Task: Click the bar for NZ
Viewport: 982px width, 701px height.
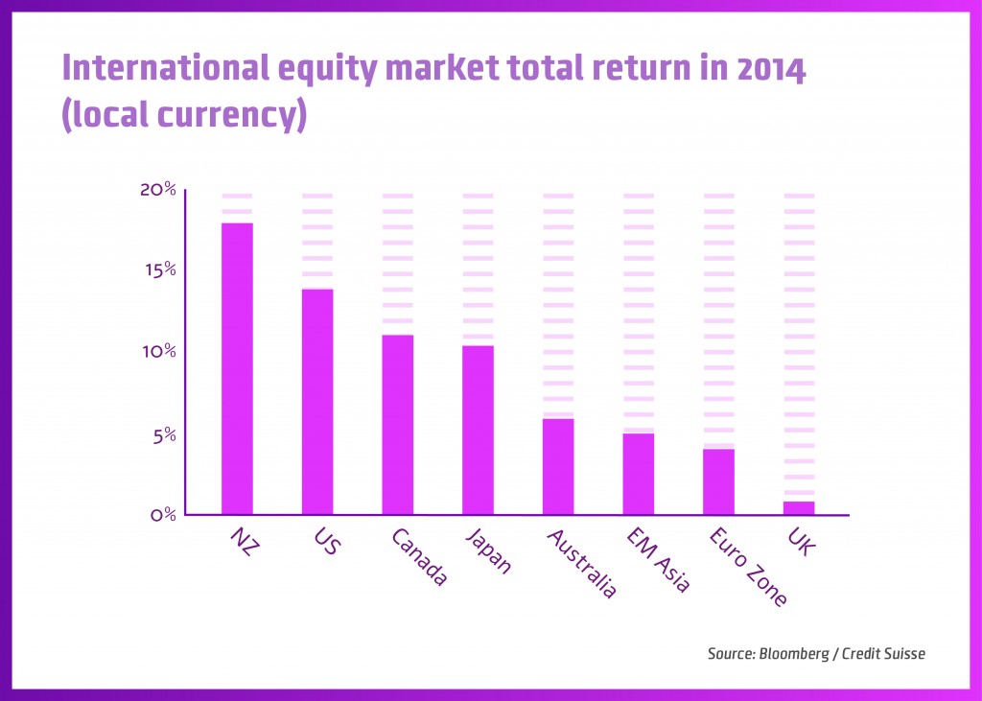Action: pos(237,369)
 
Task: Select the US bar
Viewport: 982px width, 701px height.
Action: pos(317,402)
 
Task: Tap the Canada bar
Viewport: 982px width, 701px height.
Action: pos(398,425)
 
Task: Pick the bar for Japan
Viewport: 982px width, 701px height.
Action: pos(478,430)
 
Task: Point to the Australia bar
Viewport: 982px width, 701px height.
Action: pos(558,467)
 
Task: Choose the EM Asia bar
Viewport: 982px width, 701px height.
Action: pos(639,474)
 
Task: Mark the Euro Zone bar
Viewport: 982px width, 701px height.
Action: pos(718,481)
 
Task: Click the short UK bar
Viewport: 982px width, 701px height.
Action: pos(799,507)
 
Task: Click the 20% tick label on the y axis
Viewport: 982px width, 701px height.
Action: pos(158,189)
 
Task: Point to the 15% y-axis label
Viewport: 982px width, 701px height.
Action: pos(159,269)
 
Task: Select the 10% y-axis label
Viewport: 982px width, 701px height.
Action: pos(159,351)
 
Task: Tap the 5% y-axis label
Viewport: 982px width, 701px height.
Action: pos(164,434)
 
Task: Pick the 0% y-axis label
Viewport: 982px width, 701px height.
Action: pos(164,514)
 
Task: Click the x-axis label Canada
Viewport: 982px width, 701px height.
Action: pos(420,557)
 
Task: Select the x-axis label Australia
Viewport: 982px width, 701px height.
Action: pos(581,564)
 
